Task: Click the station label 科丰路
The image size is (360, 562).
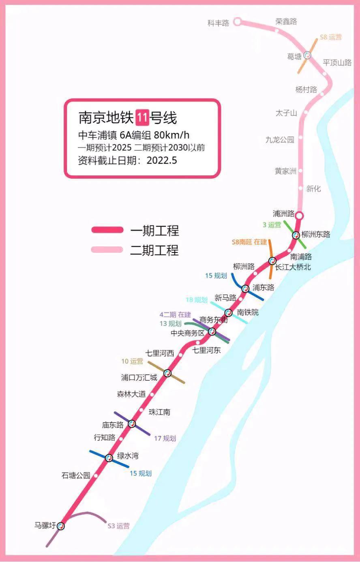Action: (218, 23)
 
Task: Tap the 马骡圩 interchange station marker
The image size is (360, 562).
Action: (61, 526)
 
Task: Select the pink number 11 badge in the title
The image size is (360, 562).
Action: (141, 118)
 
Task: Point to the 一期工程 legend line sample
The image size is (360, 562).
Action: (107, 230)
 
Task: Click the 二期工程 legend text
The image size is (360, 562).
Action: (154, 250)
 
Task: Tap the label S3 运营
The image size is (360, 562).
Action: (118, 526)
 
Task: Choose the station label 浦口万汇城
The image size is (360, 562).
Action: (139, 378)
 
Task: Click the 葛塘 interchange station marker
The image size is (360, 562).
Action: (307, 55)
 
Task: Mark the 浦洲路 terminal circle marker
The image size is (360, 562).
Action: (299, 215)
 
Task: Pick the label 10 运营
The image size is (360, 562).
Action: (132, 361)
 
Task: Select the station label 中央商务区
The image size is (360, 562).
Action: (187, 333)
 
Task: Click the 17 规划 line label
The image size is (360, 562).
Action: (165, 438)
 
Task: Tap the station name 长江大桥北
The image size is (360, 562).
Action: (293, 267)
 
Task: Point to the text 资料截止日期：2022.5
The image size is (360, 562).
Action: (127, 160)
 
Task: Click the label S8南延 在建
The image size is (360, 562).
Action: (249, 242)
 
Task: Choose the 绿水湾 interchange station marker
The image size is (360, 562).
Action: (109, 458)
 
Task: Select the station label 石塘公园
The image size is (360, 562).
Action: (76, 475)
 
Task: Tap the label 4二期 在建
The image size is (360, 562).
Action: (175, 314)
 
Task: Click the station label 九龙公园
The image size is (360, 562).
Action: (280, 140)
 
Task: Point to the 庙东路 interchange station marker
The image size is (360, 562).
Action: (132, 424)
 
